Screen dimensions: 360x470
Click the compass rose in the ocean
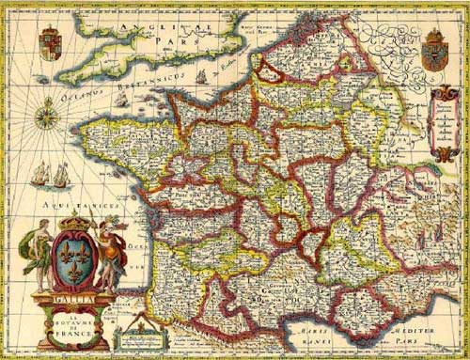pos(45,116)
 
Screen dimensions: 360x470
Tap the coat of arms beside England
pos(50,43)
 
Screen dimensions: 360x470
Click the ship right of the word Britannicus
pos(201,77)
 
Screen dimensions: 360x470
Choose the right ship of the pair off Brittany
pos(61,175)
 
